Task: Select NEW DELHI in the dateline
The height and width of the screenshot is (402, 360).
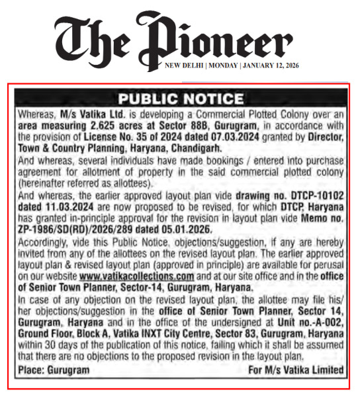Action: point(185,66)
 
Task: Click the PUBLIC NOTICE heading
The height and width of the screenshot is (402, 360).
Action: point(180,100)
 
